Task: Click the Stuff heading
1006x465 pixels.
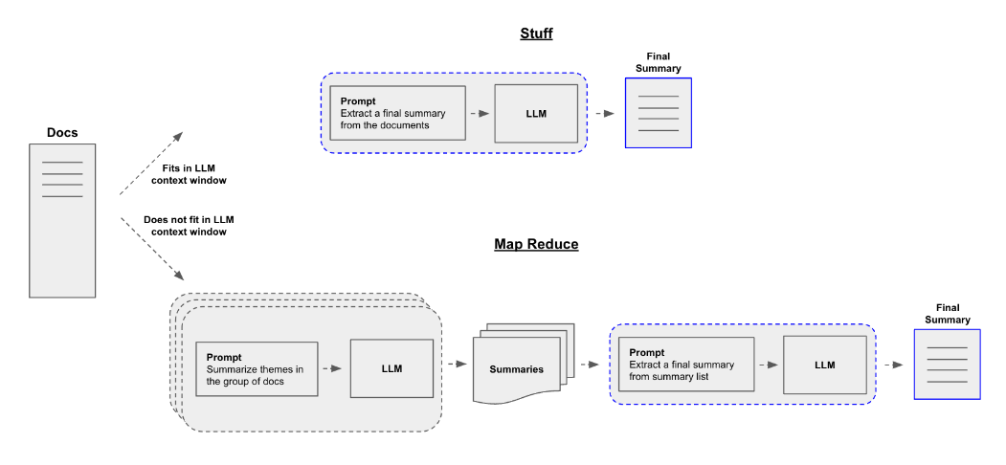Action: click(x=536, y=33)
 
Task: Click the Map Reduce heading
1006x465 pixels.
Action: click(x=536, y=244)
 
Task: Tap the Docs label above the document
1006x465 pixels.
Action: click(x=62, y=132)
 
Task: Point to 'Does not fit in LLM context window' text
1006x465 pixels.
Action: click(x=189, y=226)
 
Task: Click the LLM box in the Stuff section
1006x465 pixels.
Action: click(x=536, y=113)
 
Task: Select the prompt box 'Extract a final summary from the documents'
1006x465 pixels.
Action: click(x=397, y=113)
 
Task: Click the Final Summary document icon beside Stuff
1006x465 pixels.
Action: click(x=658, y=113)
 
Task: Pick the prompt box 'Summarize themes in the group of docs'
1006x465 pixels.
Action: click(x=256, y=368)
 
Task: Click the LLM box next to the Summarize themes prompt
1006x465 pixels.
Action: click(x=391, y=368)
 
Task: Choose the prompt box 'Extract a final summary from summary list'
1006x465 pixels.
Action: click(x=684, y=365)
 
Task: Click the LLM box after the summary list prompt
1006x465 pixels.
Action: click(x=824, y=365)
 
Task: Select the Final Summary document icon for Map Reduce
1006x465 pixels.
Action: click(x=947, y=365)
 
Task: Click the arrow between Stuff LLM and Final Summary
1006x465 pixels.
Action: click(x=604, y=113)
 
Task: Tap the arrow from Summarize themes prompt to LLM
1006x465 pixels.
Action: click(x=331, y=368)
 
